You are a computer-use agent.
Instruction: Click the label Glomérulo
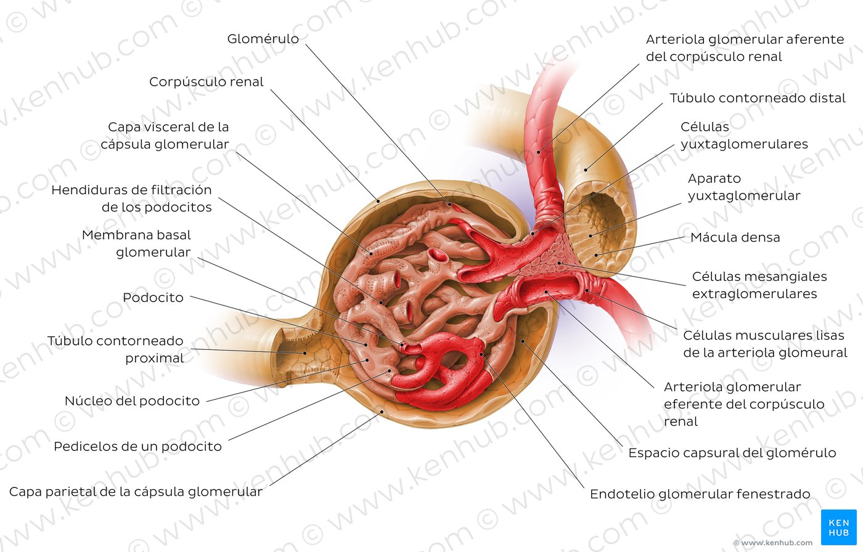click(x=263, y=39)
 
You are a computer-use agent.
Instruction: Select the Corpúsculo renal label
click(x=206, y=81)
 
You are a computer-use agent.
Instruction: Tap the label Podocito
click(x=153, y=298)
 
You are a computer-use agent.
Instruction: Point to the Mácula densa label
click(x=735, y=237)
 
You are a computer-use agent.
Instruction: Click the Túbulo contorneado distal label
click(x=758, y=98)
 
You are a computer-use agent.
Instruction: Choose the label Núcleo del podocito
click(x=132, y=401)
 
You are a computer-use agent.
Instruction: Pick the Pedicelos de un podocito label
click(x=137, y=447)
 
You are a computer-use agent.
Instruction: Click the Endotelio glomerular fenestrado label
click(x=700, y=494)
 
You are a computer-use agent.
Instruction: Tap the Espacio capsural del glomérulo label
click(x=732, y=453)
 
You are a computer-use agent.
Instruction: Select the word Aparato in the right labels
click(x=714, y=178)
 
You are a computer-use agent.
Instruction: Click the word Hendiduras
click(x=100, y=190)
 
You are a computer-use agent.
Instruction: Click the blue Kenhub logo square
click(x=839, y=527)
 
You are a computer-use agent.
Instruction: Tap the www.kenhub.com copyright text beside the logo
click(x=773, y=543)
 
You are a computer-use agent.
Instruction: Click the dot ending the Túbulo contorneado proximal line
click(x=305, y=353)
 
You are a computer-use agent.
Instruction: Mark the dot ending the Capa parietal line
click(x=382, y=412)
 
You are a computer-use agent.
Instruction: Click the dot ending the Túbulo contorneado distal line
click(x=586, y=170)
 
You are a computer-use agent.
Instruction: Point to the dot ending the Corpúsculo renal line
click(x=378, y=201)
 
